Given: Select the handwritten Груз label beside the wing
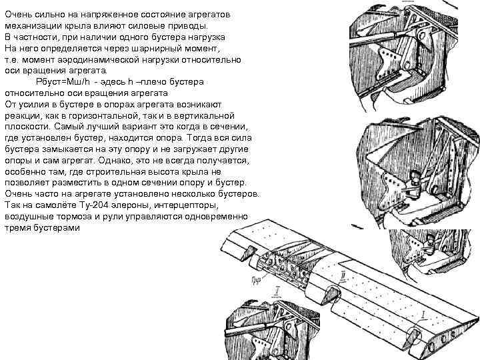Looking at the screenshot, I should point(255,279).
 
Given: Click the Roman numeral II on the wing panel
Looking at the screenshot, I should point(342,275).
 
